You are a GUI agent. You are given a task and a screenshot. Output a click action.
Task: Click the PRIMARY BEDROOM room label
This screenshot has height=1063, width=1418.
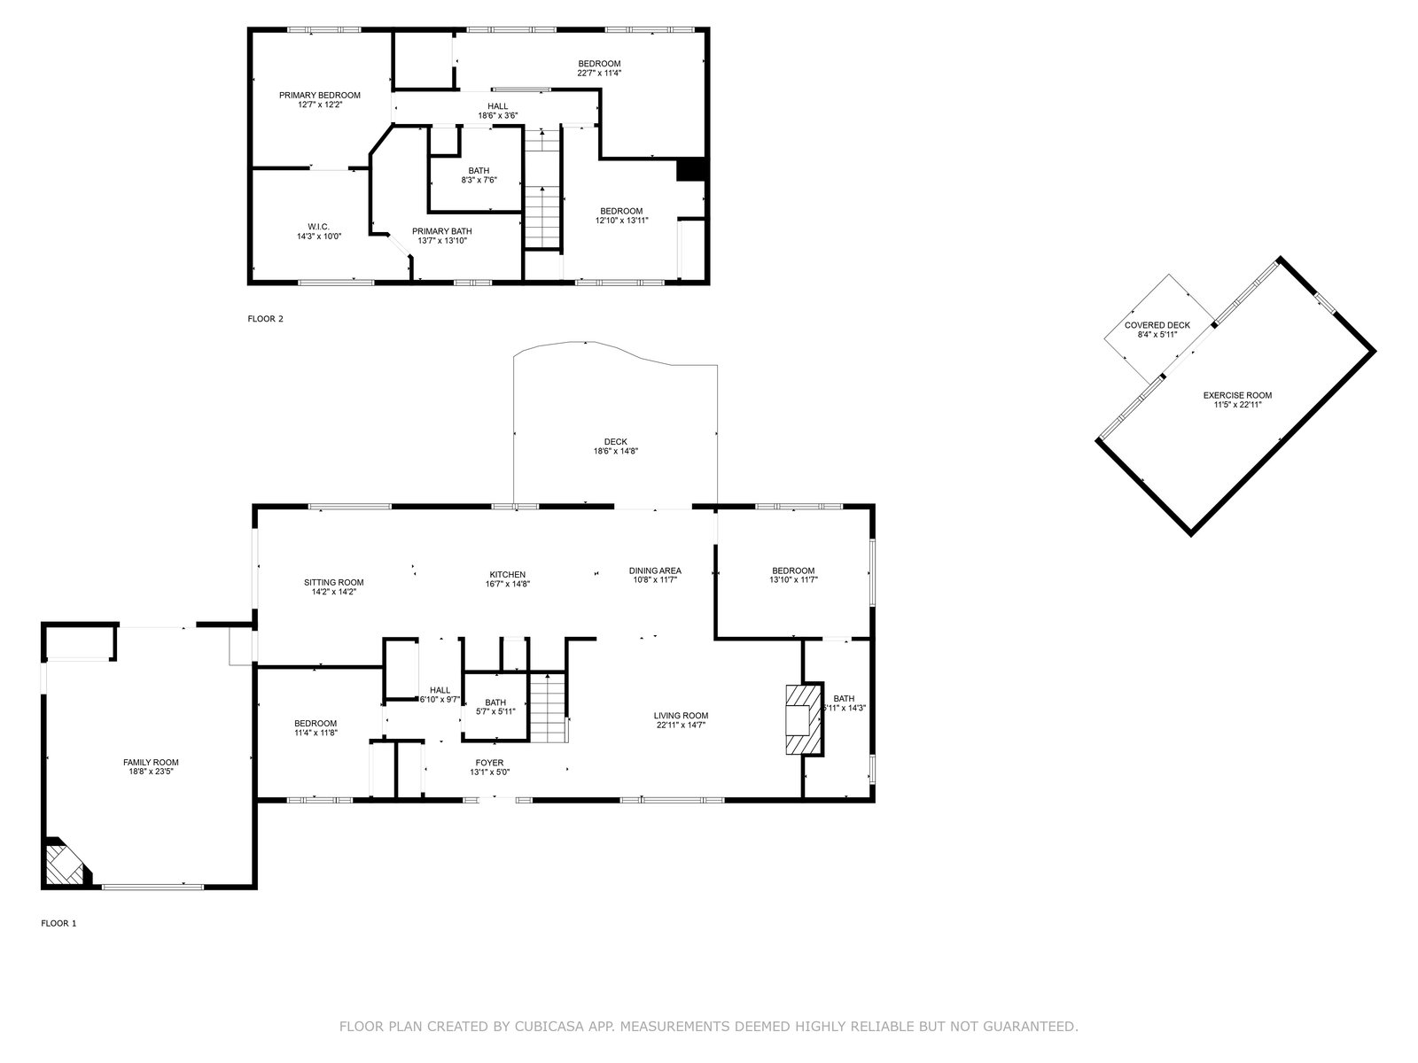click(320, 96)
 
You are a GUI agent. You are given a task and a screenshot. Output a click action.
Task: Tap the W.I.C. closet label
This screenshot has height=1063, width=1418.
click(318, 227)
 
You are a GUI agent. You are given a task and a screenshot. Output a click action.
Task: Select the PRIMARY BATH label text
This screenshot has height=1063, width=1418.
click(442, 232)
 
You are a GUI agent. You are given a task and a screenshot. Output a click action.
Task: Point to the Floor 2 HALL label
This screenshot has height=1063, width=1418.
click(497, 106)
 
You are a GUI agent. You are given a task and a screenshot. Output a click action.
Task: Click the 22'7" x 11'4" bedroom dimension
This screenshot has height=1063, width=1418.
click(599, 73)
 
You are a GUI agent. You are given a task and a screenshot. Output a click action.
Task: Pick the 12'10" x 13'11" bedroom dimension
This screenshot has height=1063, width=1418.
click(621, 220)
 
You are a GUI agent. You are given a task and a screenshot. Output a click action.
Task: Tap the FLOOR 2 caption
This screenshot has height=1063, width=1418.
click(266, 319)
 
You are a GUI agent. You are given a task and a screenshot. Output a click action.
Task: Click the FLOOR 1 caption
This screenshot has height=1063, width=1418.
click(58, 924)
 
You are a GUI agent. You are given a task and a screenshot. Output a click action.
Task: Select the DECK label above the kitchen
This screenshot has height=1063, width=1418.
click(616, 442)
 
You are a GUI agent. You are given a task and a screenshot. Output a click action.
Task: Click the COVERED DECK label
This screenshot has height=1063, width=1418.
click(1157, 325)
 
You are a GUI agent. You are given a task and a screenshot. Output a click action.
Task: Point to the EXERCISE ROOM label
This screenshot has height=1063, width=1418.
click(1237, 396)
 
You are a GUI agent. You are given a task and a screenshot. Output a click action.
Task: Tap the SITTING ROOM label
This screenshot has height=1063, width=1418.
click(334, 583)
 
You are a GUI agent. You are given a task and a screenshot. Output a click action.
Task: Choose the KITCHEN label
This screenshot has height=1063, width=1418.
click(507, 575)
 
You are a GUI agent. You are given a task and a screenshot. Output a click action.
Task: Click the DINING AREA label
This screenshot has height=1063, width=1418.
click(655, 571)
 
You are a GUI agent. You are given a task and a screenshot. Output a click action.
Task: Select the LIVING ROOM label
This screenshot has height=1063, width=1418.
click(681, 716)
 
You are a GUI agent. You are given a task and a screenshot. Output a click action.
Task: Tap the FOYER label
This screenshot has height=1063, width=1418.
click(489, 763)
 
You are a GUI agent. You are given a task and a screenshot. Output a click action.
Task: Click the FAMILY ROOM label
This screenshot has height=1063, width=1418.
click(151, 763)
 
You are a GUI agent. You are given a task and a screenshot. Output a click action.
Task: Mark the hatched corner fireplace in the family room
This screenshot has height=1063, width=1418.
click(66, 864)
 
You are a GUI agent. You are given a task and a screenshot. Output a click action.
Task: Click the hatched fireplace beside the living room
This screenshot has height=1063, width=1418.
click(805, 719)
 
